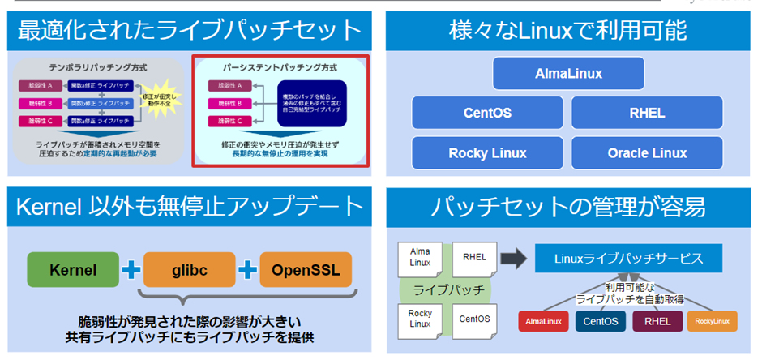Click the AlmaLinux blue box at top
click(568, 74)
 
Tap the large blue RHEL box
click(647, 113)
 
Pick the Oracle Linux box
click(647, 152)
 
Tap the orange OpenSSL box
click(306, 269)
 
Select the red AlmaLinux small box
click(545, 321)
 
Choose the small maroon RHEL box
click(657, 321)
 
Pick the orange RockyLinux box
click(712, 321)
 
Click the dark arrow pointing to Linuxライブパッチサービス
click(512, 259)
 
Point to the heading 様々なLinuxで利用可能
click(567, 30)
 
